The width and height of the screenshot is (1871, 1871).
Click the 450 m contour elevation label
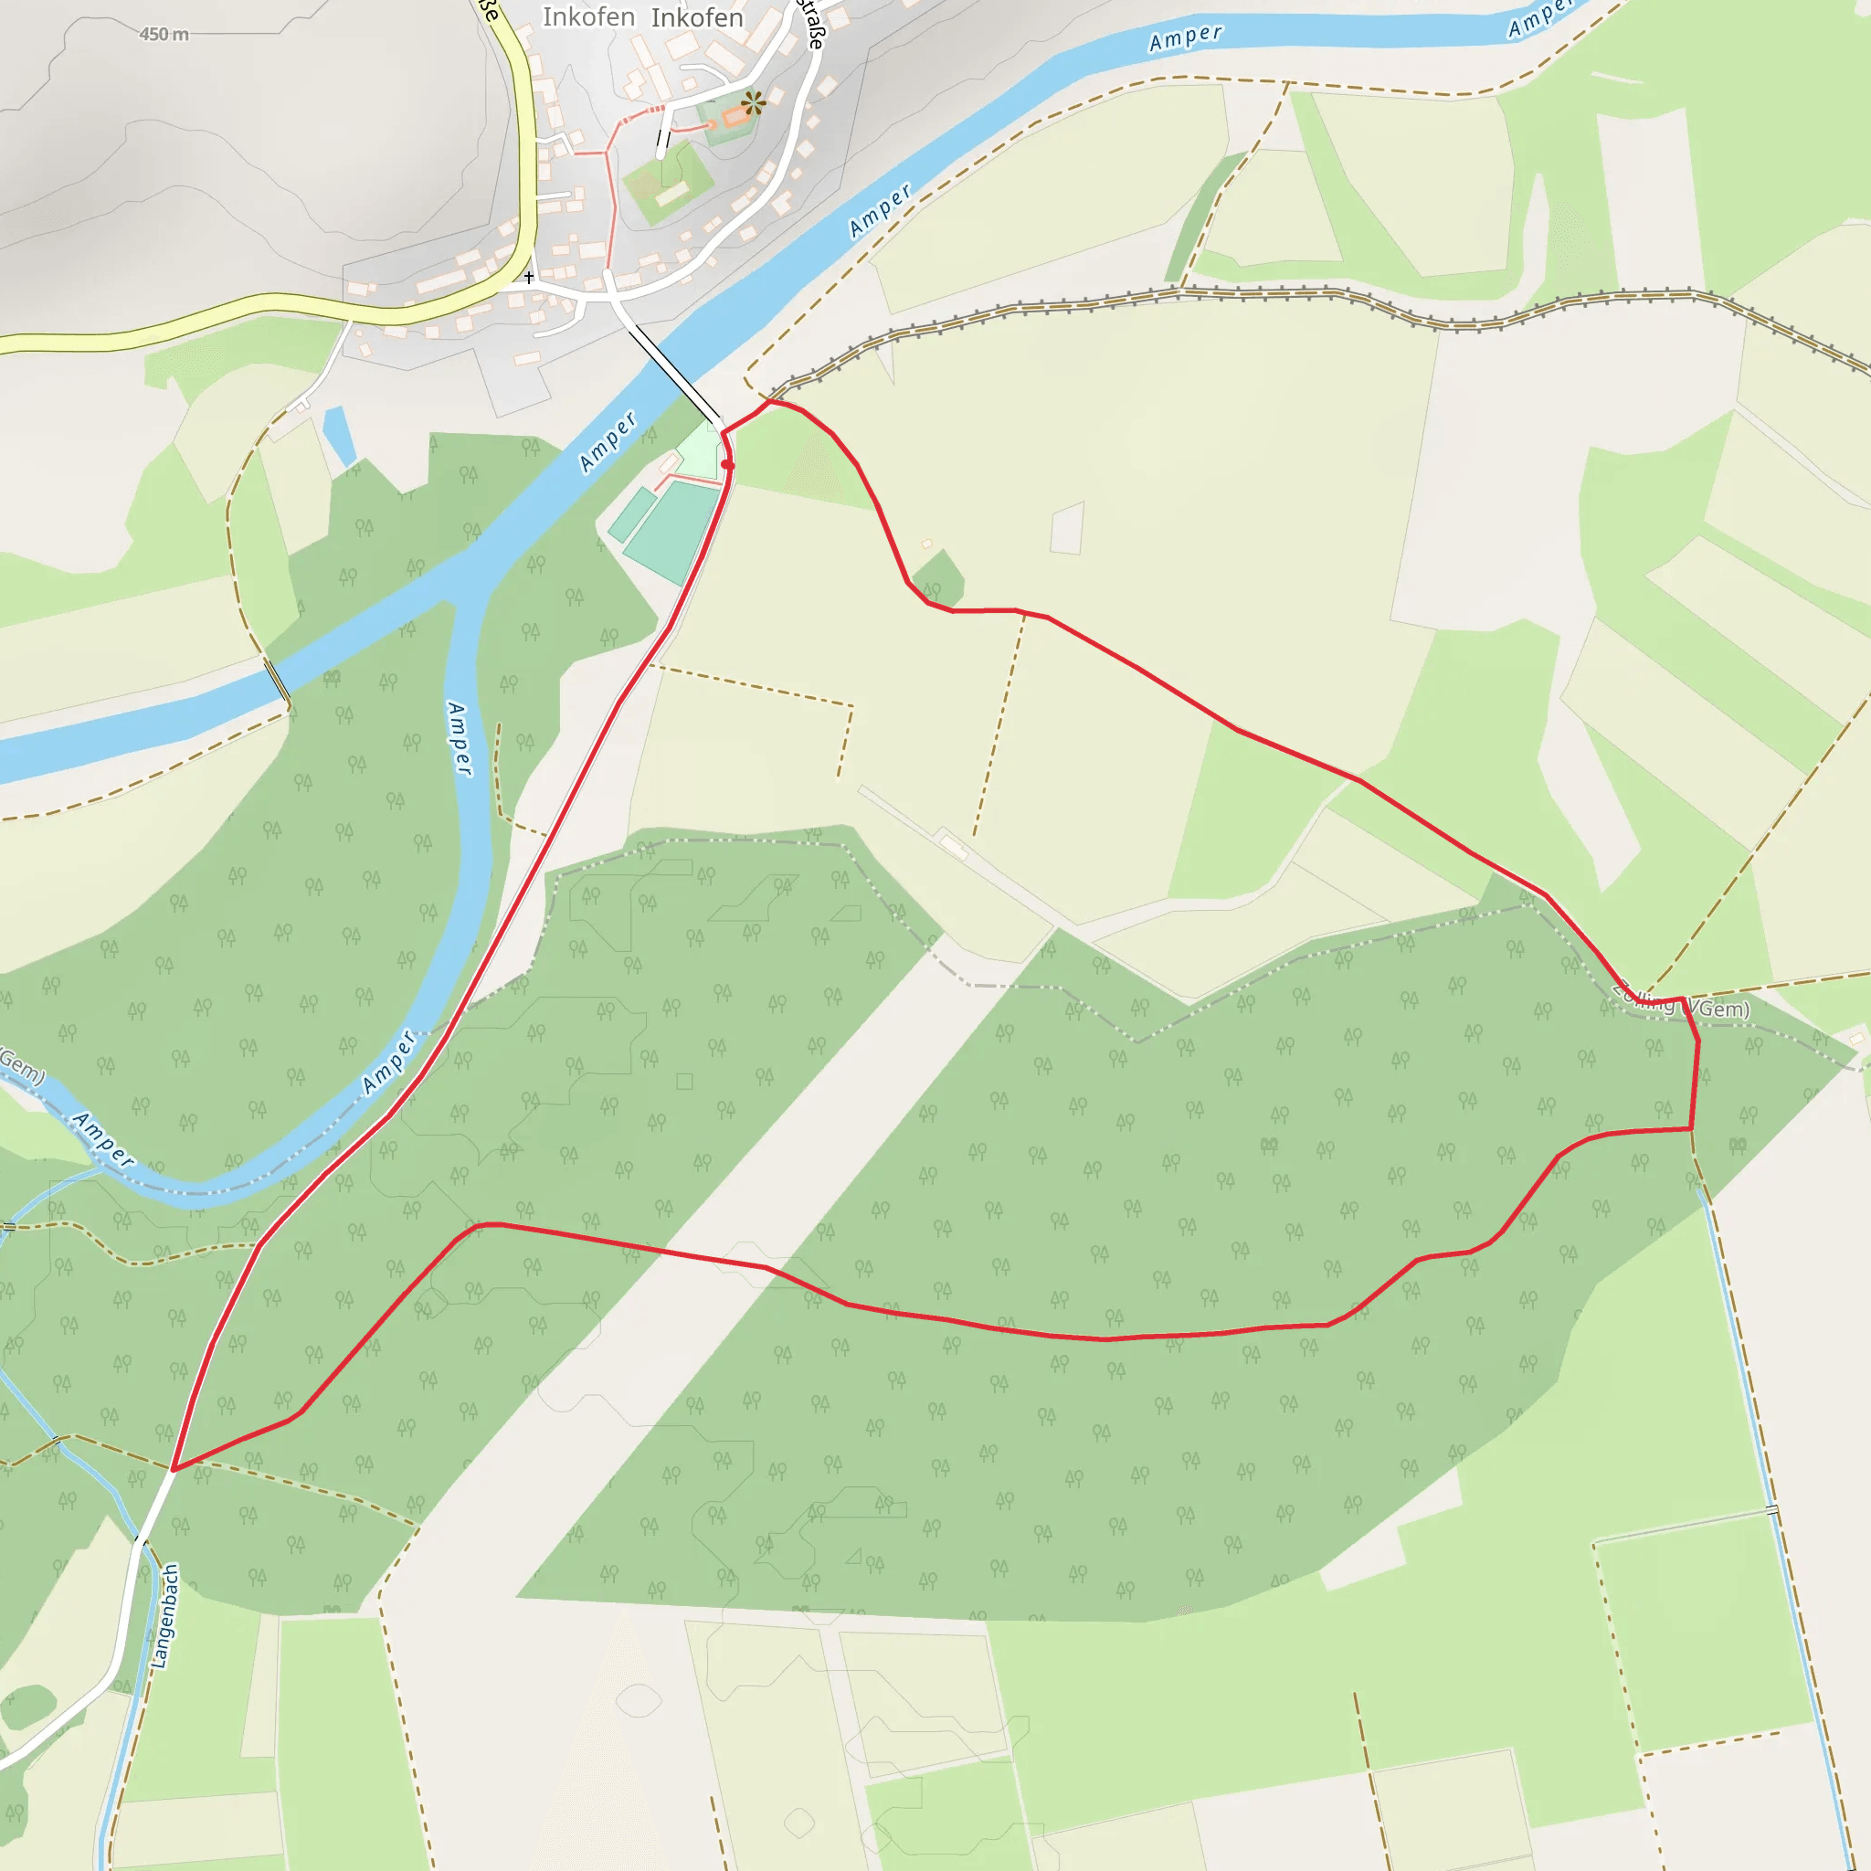(x=164, y=35)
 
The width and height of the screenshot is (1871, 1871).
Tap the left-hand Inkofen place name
(x=587, y=17)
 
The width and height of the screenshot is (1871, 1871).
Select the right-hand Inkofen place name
(x=697, y=17)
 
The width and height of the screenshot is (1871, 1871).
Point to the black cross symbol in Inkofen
(x=529, y=278)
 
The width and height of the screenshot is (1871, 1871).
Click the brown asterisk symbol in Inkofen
(x=753, y=101)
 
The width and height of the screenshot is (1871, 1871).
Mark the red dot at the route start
(x=727, y=465)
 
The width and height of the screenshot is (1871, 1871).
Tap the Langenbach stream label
(x=165, y=1616)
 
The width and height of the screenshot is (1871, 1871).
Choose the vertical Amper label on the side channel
(x=460, y=738)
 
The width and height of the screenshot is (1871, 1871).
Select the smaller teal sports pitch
(x=632, y=514)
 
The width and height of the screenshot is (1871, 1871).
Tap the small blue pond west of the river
(x=338, y=435)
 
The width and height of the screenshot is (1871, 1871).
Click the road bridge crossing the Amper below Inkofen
(x=674, y=375)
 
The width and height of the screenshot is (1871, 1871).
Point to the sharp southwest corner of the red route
(x=174, y=1469)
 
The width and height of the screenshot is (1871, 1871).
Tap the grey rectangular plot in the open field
(x=1066, y=529)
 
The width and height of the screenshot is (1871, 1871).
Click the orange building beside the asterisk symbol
(x=735, y=117)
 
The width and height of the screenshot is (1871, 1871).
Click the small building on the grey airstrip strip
(x=953, y=849)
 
